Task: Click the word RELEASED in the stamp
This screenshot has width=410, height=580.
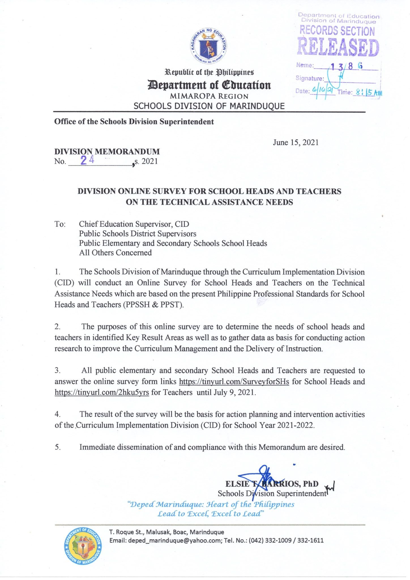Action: point(338,47)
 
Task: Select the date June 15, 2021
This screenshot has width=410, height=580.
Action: point(296,142)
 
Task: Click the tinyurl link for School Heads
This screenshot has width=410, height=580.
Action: point(234,381)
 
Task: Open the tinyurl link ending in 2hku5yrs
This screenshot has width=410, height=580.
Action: point(102,393)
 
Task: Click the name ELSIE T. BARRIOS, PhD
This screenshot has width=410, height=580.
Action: point(272,484)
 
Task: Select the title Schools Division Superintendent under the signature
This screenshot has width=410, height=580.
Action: point(272,494)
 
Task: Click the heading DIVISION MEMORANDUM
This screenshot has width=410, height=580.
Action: point(107,152)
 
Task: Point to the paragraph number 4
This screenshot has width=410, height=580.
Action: point(57,414)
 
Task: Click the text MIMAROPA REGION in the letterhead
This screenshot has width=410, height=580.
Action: point(209,96)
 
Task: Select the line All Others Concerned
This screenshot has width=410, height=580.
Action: point(115,253)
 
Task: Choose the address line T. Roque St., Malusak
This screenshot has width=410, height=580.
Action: point(166,532)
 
